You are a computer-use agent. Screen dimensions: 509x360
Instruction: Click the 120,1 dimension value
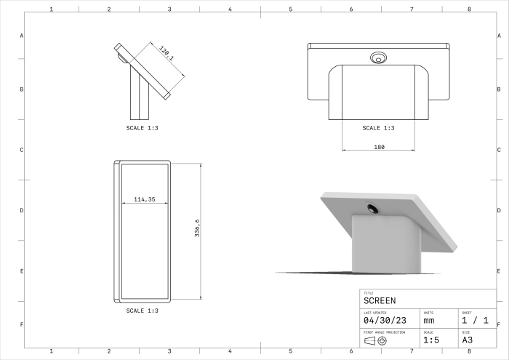click(167, 53)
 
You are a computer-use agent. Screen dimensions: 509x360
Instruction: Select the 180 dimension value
click(379, 147)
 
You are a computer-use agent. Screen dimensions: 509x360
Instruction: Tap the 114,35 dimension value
click(145, 199)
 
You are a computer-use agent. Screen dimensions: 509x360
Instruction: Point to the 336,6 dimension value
click(197, 228)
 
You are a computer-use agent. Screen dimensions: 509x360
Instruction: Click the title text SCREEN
click(380, 301)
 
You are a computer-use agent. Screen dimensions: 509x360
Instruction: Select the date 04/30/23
click(385, 321)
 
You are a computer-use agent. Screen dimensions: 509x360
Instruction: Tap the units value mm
click(429, 321)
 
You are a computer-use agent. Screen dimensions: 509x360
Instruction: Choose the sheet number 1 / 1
click(476, 321)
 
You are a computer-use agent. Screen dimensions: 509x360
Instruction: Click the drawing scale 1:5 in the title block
click(431, 340)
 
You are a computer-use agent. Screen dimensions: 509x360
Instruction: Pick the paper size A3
click(467, 340)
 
